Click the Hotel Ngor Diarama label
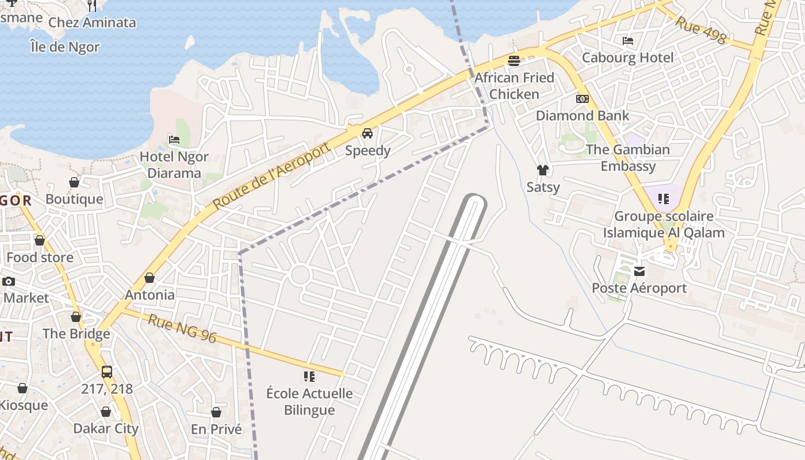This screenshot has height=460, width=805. (174, 164)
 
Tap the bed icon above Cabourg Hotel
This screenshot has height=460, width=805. (628, 41)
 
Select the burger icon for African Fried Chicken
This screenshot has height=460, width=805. (514, 60)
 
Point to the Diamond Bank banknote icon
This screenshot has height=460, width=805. (582, 99)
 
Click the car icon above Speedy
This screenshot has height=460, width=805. (367, 133)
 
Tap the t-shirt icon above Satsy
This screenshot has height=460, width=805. (543, 170)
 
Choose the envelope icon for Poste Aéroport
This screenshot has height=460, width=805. (639, 271)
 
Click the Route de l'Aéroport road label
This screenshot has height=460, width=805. (271, 175)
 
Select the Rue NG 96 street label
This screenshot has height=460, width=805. (182, 328)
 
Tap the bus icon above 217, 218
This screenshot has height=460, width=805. (107, 371)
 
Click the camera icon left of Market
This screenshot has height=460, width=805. (9, 281)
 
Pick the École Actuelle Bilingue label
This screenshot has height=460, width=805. (309, 401)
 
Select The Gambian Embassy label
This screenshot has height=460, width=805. (628, 158)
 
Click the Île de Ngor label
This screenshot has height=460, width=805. (65, 47)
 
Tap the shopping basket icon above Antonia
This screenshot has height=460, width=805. (149, 278)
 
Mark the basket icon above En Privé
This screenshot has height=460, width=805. (216, 412)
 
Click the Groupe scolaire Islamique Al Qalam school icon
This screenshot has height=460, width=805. (664, 199)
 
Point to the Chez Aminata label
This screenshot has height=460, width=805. (92, 22)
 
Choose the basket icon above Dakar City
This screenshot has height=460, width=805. (106, 412)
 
